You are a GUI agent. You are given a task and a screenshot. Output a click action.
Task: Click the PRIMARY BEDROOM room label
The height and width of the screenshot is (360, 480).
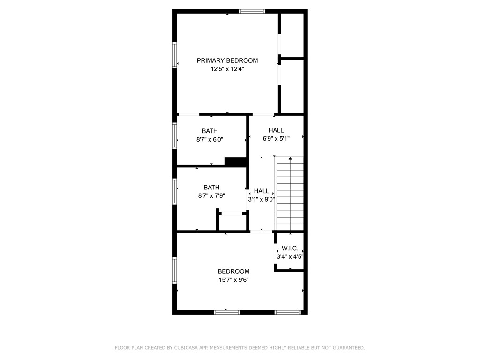click(227, 60)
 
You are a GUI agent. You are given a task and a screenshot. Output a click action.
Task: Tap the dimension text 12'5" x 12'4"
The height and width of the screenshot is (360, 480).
click(227, 69)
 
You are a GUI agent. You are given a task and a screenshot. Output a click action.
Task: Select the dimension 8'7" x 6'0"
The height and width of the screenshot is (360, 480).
click(210, 139)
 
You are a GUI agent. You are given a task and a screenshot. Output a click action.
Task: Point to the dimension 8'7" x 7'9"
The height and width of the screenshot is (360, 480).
click(211, 196)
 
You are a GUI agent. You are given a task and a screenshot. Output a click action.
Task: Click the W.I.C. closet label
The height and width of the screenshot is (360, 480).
click(290, 248)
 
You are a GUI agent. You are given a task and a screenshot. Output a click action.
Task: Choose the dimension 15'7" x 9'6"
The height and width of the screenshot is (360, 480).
click(233, 280)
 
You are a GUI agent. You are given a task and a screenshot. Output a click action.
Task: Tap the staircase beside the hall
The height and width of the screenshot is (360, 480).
click(290, 195)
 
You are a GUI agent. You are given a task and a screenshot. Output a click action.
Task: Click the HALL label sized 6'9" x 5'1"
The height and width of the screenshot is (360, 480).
click(276, 130)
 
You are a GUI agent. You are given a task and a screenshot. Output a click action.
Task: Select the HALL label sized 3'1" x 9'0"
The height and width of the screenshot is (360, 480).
click(262, 191)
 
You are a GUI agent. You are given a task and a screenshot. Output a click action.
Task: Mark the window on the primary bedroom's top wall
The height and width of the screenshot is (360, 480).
click(252, 11)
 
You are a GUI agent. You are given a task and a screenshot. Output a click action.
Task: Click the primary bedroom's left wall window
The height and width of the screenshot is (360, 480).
click(174, 55)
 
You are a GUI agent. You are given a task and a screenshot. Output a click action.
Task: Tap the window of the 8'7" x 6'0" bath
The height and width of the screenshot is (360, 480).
click(174, 136)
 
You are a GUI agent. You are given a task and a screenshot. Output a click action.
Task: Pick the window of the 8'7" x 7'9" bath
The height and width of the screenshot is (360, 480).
click(174, 192)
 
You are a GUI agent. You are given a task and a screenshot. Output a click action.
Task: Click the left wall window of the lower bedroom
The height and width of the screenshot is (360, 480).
click(174, 270)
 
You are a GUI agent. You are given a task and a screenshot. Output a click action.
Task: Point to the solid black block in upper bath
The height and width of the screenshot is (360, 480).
click(235, 161)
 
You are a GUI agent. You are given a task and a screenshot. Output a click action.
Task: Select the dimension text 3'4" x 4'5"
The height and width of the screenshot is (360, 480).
click(290, 256)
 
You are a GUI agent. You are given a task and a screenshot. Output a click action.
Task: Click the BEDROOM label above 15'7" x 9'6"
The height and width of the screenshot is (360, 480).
click(233, 271)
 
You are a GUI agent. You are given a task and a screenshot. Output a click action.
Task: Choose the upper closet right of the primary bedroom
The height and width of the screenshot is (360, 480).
click(292, 35)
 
